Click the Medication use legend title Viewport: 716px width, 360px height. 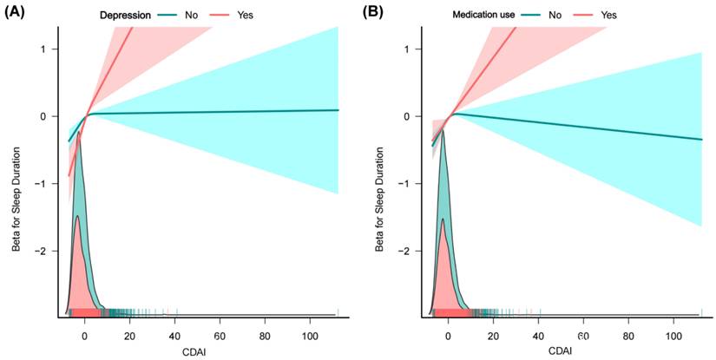(x=482, y=15)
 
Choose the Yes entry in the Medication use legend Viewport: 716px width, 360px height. (x=608, y=15)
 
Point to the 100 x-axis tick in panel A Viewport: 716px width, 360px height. (x=312, y=335)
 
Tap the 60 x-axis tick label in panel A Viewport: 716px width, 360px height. (x=220, y=335)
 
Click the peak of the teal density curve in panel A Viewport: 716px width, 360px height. (x=80, y=133)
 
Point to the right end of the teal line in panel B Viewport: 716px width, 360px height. (x=701, y=140)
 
